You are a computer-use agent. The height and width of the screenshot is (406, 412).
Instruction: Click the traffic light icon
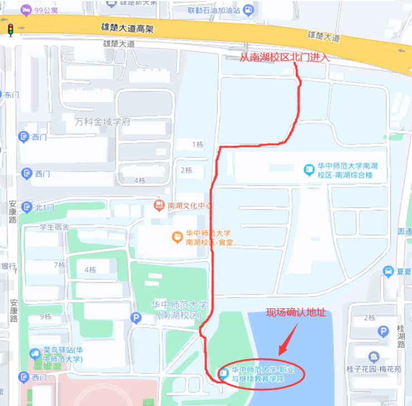click(9, 30)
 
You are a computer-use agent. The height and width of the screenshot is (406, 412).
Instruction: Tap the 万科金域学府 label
click(102, 122)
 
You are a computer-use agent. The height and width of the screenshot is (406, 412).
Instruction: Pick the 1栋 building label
click(198, 144)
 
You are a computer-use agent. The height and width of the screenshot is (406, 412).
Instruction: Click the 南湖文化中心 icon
click(159, 205)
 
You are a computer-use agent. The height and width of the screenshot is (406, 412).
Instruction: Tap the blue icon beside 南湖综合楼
click(308, 170)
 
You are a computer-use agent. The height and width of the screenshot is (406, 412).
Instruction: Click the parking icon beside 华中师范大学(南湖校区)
click(136, 318)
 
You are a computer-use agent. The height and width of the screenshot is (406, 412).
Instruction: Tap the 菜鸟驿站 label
click(62, 354)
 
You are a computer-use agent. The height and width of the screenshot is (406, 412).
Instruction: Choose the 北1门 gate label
click(45, 207)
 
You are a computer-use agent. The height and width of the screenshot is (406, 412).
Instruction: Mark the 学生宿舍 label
click(53, 227)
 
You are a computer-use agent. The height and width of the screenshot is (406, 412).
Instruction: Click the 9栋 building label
click(46, 317)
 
